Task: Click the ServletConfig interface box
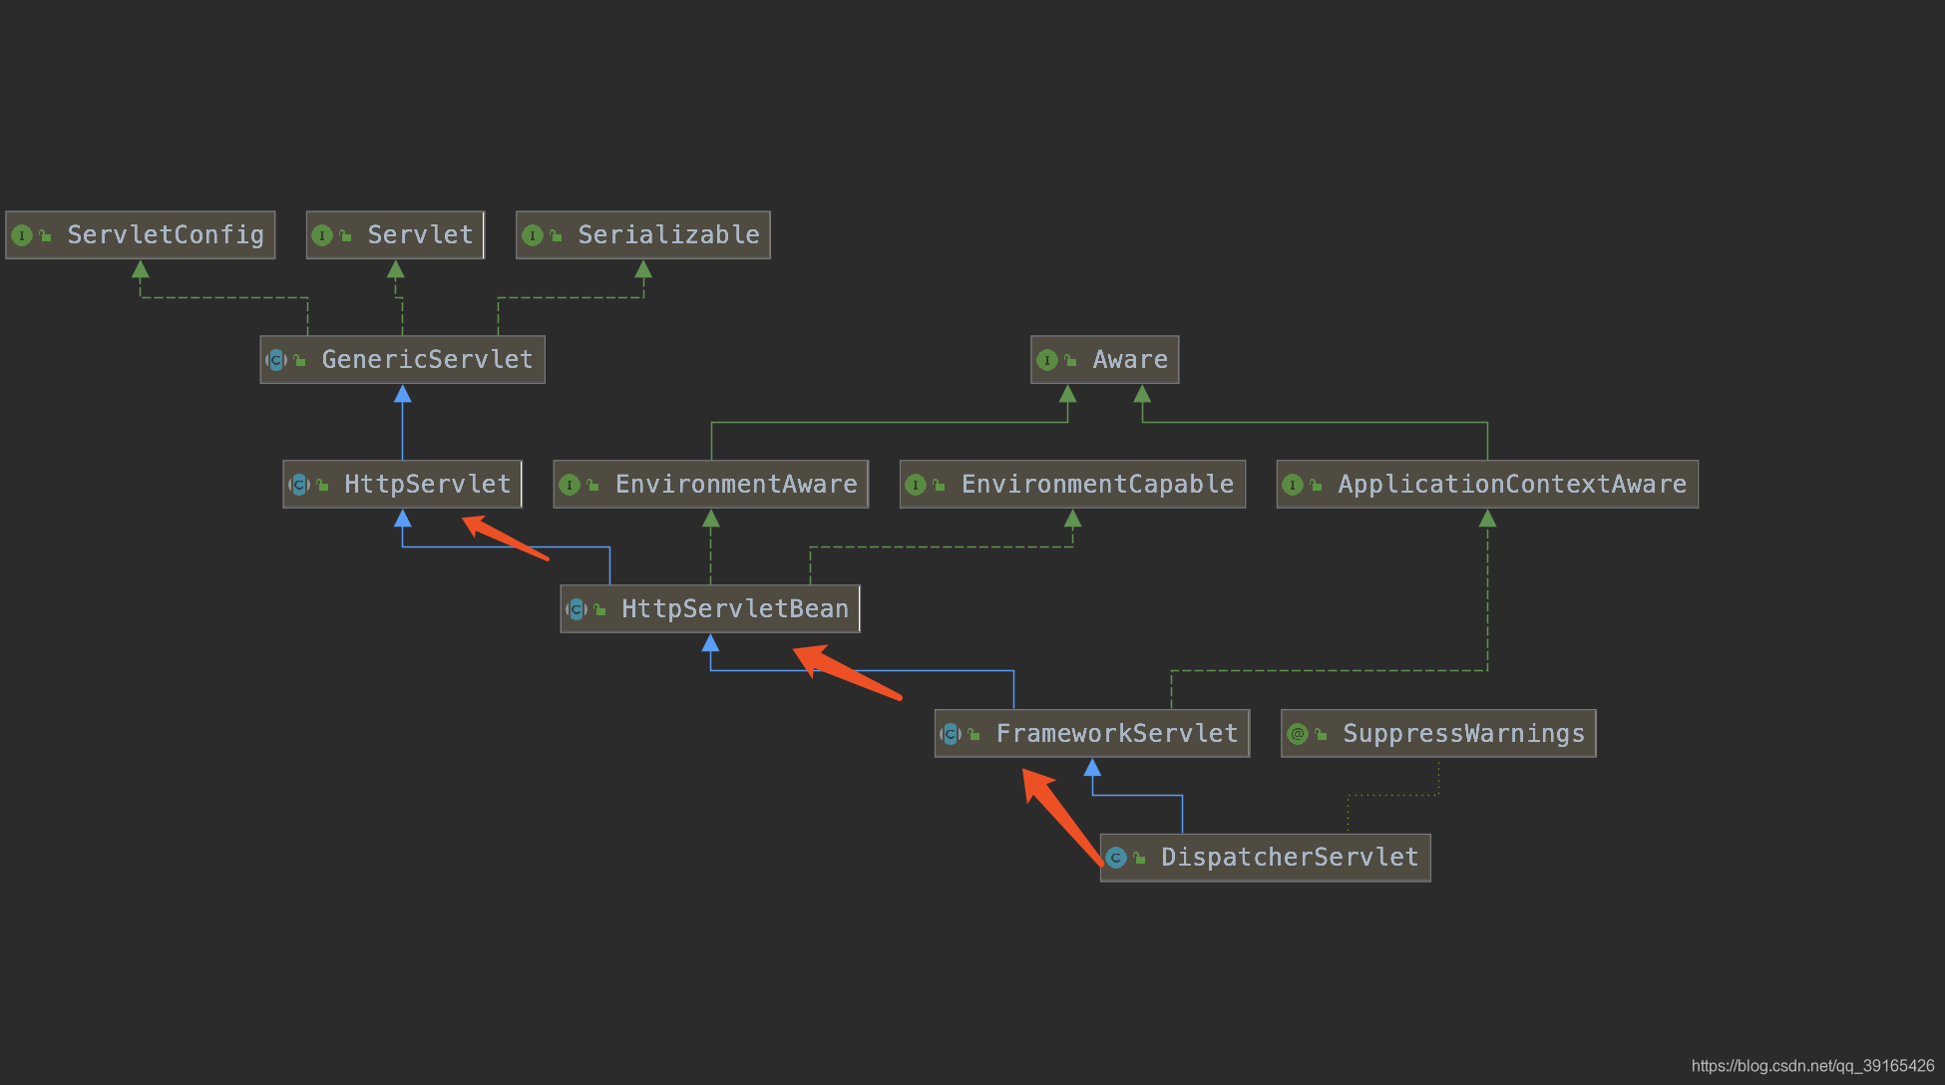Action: point(140,235)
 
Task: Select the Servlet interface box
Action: point(395,235)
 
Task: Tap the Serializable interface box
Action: point(642,235)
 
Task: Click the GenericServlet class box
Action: point(402,360)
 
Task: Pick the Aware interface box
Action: point(1104,360)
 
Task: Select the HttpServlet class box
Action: point(402,485)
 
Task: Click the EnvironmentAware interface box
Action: point(710,485)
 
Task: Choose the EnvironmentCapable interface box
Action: point(1072,485)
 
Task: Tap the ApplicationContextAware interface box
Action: point(1487,485)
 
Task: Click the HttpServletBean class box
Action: point(710,609)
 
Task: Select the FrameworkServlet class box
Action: point(1092,734)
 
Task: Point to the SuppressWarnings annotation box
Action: point(1438,734)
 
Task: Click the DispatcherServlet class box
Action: point(1265,858)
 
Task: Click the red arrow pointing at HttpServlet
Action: point(506,539)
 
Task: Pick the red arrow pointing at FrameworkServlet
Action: point(1062,815)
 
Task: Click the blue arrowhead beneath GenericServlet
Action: point(402,395)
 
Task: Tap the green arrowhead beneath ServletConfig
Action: point(141,269)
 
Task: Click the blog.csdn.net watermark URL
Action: point(1812,1066)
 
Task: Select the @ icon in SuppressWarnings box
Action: point(1297,735)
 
